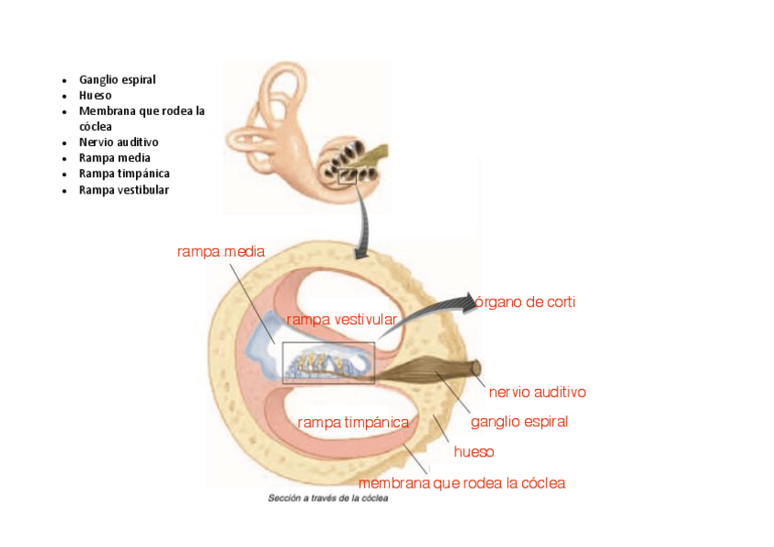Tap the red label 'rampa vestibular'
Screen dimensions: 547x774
tap(341, 320)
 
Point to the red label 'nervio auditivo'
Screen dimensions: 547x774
tap(537, 393)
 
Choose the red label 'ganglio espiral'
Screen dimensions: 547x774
tap(518, 422)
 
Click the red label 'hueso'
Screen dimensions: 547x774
tap(474, 452)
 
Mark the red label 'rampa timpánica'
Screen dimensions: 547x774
tap(352, 423)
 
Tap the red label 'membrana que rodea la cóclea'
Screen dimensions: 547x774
tap(461, 483)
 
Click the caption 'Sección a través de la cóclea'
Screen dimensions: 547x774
tap(327, 500)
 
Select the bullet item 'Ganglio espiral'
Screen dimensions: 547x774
tap(117, 79)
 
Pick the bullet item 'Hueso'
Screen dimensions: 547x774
tap(95, 95)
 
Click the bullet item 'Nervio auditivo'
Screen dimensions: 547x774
tap(119, 142)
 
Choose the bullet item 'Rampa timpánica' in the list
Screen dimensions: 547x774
tap(124, 174)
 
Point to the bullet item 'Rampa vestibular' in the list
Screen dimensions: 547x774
tap(124, 190)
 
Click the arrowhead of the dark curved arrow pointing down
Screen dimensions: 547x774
tap(362, 249)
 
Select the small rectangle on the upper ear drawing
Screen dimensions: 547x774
tap(347, 176)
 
